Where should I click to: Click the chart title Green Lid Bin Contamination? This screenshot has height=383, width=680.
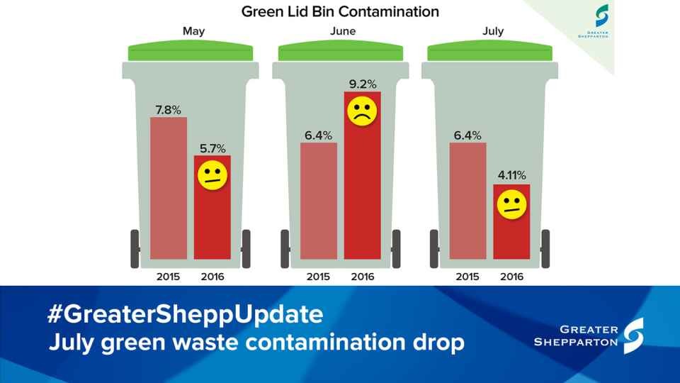pyautogui.click(x=340, y=12)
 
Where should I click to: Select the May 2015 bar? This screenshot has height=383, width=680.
pyautogui.click(x=169, y=188)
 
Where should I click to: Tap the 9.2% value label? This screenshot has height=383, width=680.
pyautogui.click(x=362, y=84)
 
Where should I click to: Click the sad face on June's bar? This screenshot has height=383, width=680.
pyautogui.click(x=362, y=111)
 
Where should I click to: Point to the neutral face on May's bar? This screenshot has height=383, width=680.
pyautogui.click(x=212, y=174)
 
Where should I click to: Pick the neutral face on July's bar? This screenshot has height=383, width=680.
pyautogui.click(x=511, y=204)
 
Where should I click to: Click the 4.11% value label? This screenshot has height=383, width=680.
pyautogui.click(x=511, y=176)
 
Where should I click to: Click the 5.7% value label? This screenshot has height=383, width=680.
pyautogui.click(x=212, y=148)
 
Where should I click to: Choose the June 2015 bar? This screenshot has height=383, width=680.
pyautogui.click(x=319, y=201)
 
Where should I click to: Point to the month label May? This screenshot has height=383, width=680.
pyautogui.click(x=193, y=32)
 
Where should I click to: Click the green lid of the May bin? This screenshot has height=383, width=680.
pyautogui.click(x=191, y=52)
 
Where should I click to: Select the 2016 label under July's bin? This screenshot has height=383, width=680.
pyautogui.click(x=511, y=277)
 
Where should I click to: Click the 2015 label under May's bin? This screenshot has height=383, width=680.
pyautogui.click(x=169, y=277)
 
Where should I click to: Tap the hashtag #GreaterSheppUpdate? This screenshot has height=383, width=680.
pyautogui.click(x=185, y=314)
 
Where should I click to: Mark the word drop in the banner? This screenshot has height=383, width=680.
pyautogui.click(x=435, y=343)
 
